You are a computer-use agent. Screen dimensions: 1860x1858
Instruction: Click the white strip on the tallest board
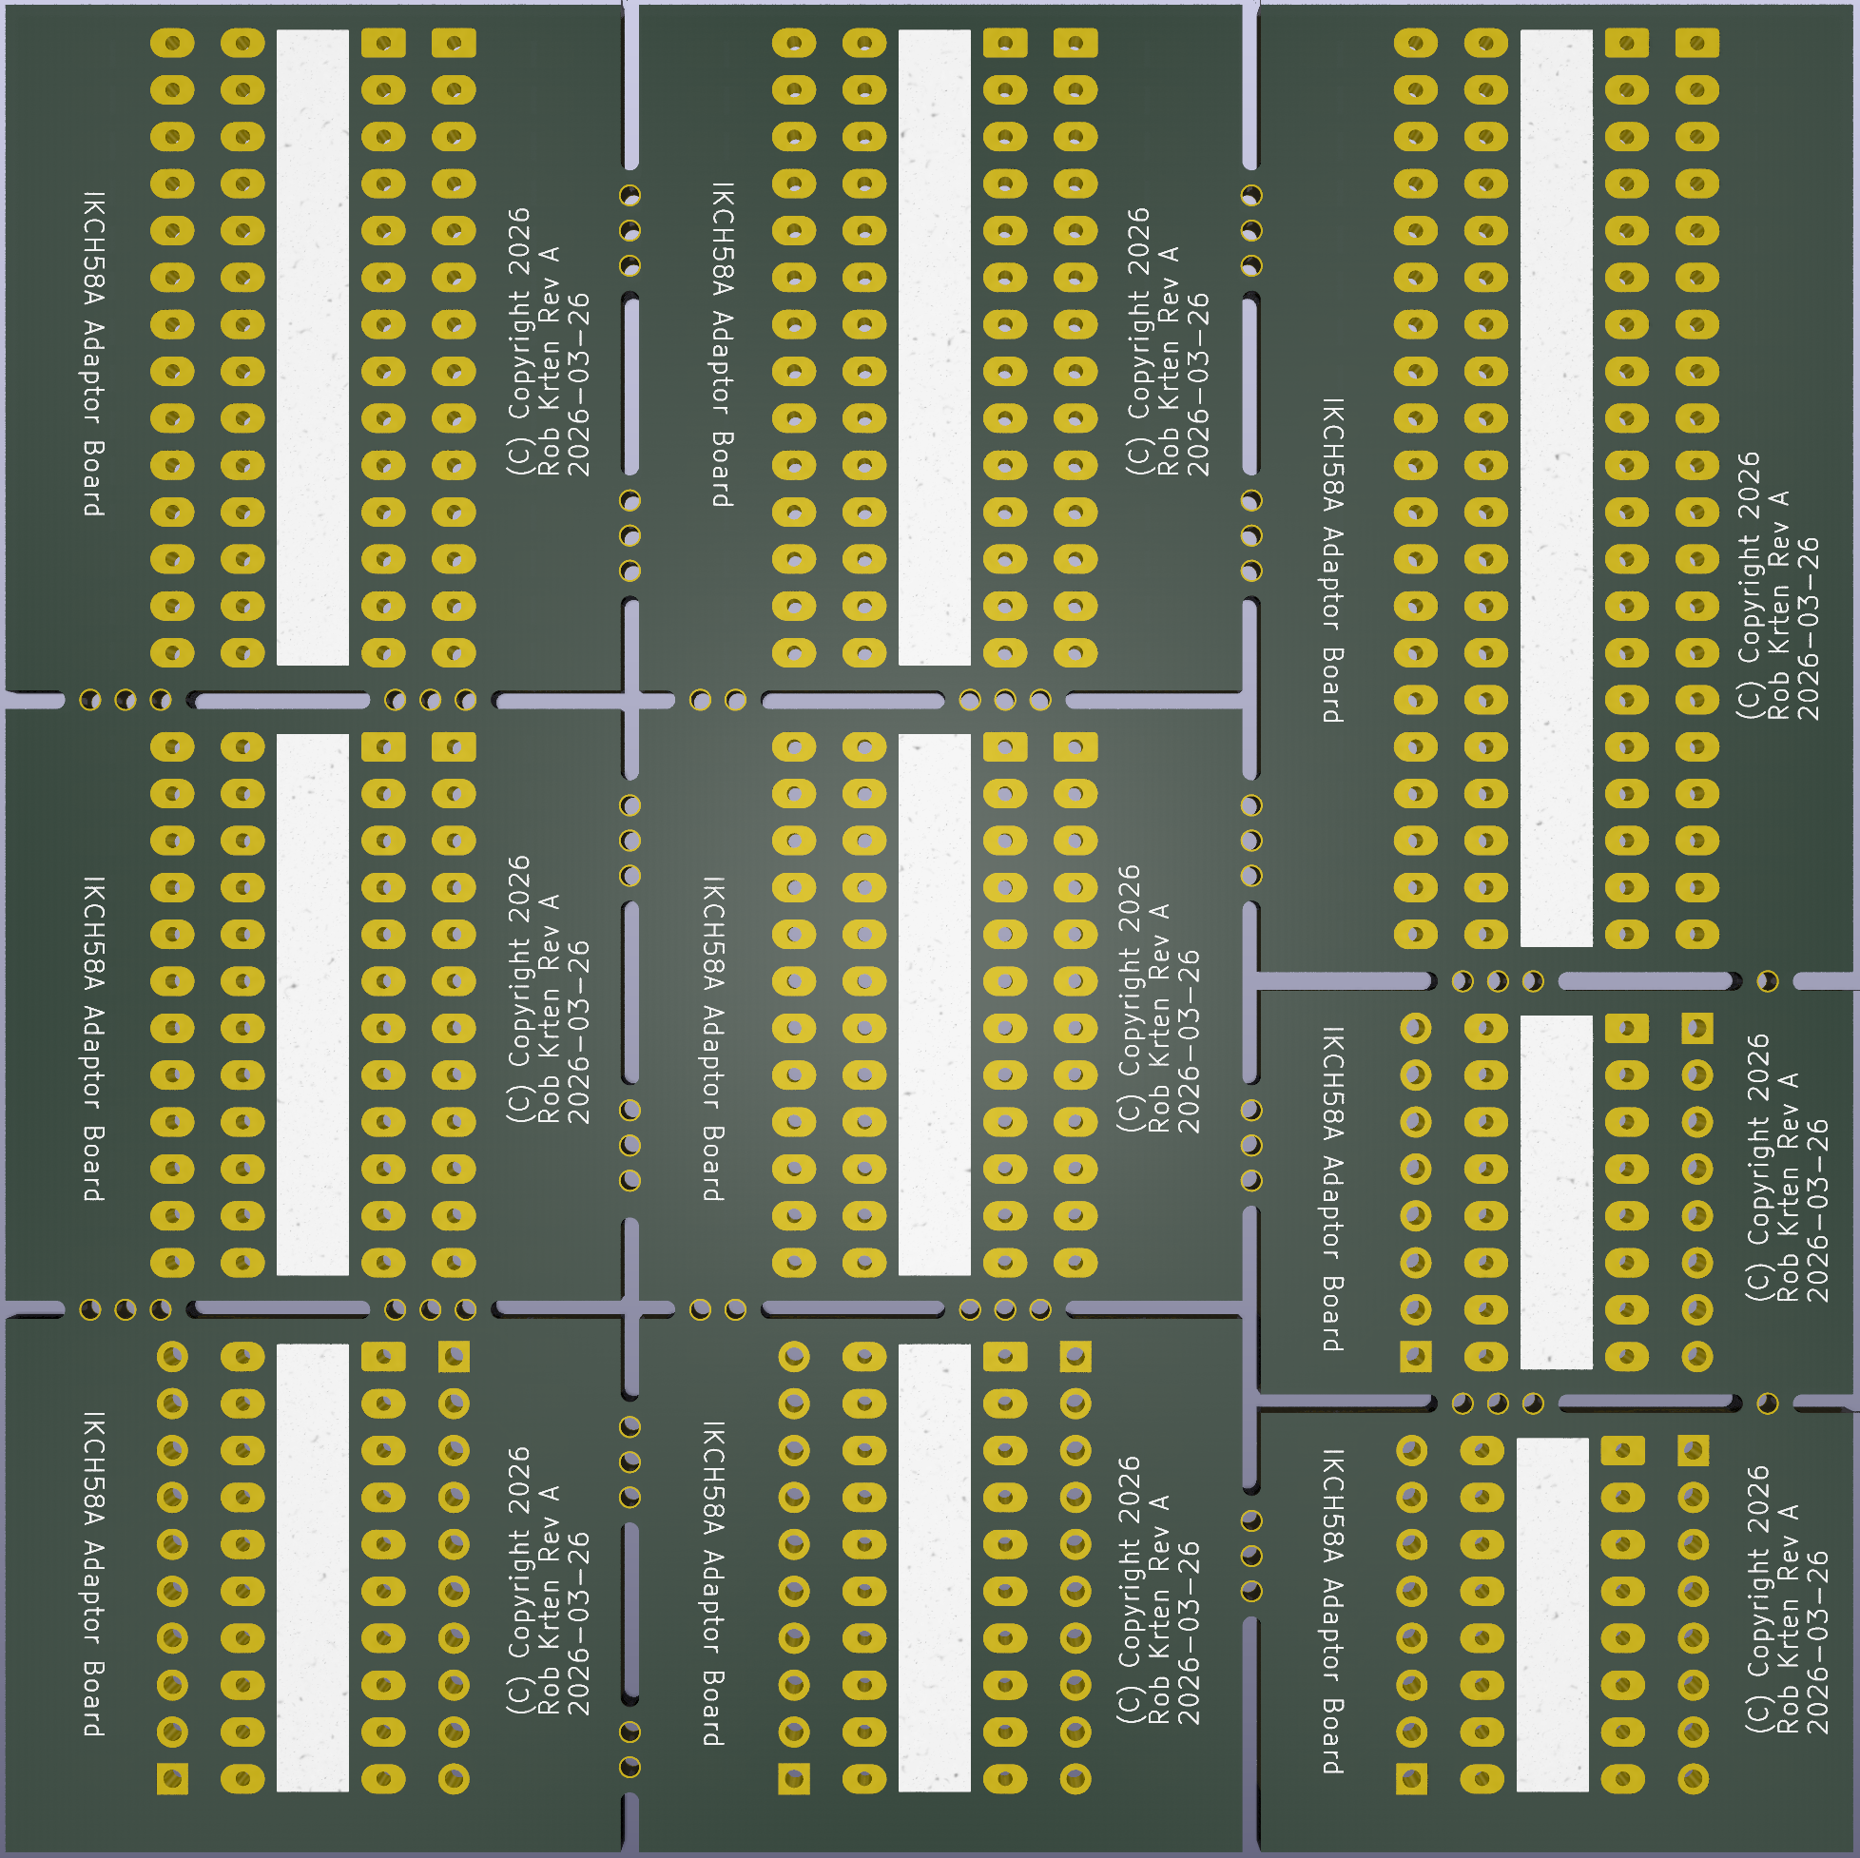1556,488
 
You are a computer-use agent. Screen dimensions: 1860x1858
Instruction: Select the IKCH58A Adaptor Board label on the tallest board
1332,560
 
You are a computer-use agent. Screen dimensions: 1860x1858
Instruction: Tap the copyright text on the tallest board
1778,586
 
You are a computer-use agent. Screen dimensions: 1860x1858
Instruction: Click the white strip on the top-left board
312,347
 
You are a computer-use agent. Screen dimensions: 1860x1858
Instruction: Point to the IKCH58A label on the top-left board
93,355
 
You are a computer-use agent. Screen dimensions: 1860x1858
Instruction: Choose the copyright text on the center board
1158,998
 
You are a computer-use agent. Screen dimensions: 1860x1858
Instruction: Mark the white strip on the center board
934,1005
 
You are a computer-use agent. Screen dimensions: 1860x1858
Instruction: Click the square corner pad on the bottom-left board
172,1778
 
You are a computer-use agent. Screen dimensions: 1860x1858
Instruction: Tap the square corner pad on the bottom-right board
1411,1778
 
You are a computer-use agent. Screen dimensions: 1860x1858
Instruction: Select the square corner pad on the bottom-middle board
793,1778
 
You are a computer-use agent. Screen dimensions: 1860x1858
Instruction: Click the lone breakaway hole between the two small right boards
1767,1403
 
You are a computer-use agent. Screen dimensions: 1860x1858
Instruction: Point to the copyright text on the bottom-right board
1787,1600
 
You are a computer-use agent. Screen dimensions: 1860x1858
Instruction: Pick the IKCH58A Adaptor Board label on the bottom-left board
93,1575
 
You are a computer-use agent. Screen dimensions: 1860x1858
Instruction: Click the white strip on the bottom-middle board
934,1568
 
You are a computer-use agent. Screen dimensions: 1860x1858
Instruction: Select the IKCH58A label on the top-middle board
723,344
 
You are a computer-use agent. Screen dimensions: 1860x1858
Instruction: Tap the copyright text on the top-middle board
1167,341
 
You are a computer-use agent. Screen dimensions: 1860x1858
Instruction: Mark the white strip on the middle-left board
312,1005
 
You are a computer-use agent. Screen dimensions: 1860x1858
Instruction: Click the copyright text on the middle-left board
548,990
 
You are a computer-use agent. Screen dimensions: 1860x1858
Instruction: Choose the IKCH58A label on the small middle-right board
1332,1190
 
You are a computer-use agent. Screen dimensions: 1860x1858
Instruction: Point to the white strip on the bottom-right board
1552,1616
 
